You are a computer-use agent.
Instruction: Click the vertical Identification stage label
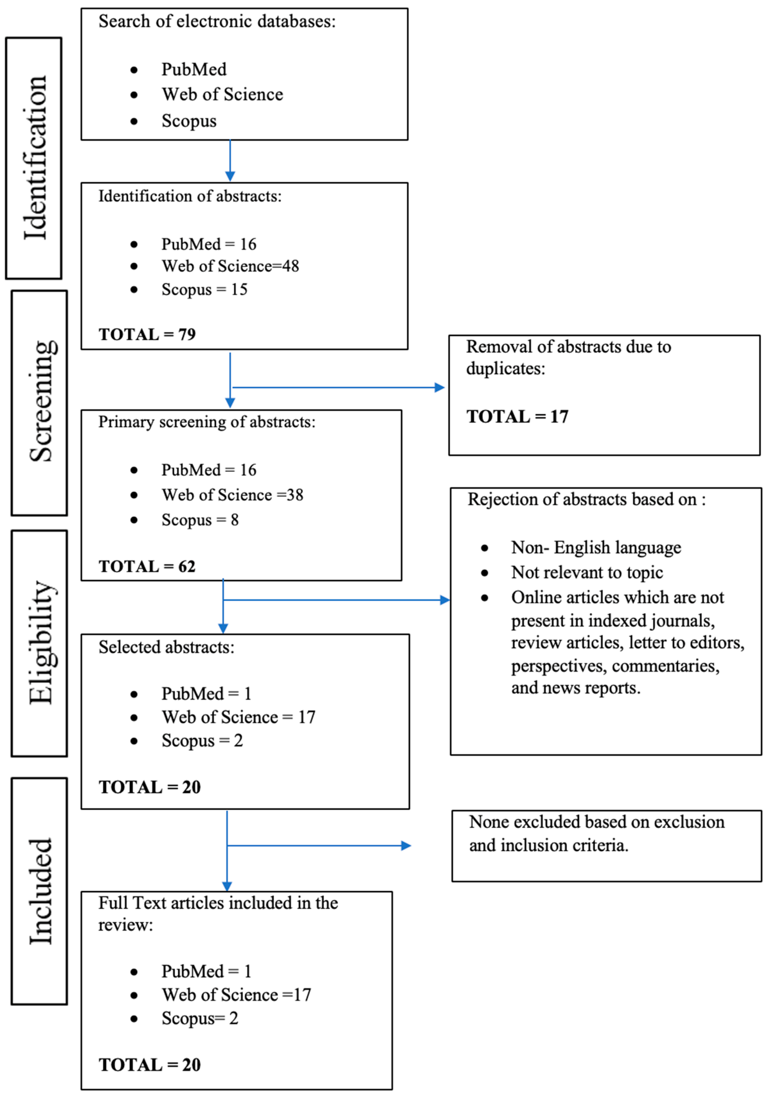coord(35,158)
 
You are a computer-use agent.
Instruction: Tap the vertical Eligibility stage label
coord(42,642)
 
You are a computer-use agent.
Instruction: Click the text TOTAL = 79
coord(147,334)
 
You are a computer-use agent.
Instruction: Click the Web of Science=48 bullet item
coord(230,266)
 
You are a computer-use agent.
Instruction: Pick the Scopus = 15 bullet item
coord(204,290)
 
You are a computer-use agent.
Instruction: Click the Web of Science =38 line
coord(232,495)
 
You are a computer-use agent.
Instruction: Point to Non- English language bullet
coord(596,547)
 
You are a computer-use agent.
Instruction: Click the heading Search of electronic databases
coord(217,21)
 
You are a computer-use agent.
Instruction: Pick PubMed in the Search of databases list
coord(193,70)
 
